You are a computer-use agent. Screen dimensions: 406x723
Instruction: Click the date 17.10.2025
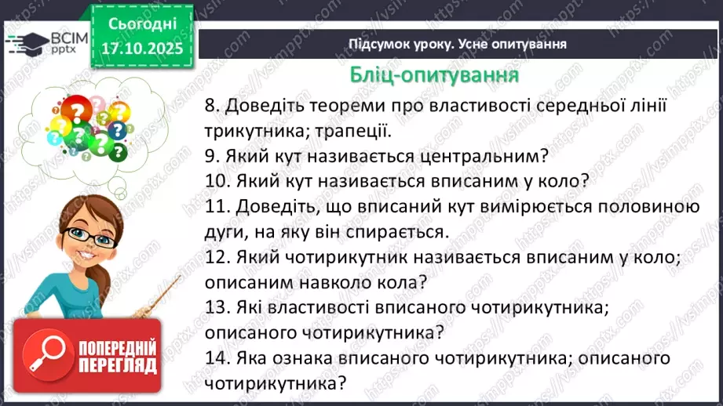tap(142, 49)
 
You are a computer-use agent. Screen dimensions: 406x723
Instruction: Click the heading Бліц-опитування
tap(433, 75)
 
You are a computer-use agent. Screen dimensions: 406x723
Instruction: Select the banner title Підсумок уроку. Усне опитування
tap(458, 44)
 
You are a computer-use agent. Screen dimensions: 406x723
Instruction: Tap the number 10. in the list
tap(218, 181)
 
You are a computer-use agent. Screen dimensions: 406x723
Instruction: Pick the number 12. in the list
tap(218, 256)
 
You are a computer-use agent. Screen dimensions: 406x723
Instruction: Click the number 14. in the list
tap(218, 358)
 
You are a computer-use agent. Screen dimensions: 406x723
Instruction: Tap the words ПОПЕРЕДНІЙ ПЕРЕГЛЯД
tap(118, 357)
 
